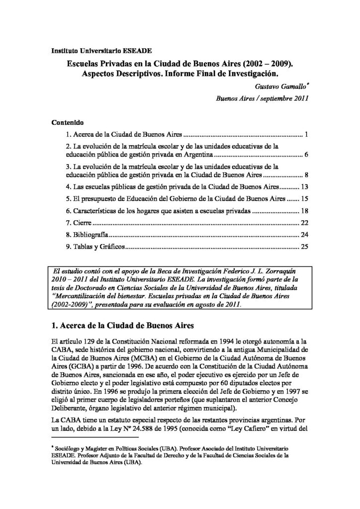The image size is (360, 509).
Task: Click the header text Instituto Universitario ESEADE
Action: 102,51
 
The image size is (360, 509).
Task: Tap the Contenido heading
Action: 68,122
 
